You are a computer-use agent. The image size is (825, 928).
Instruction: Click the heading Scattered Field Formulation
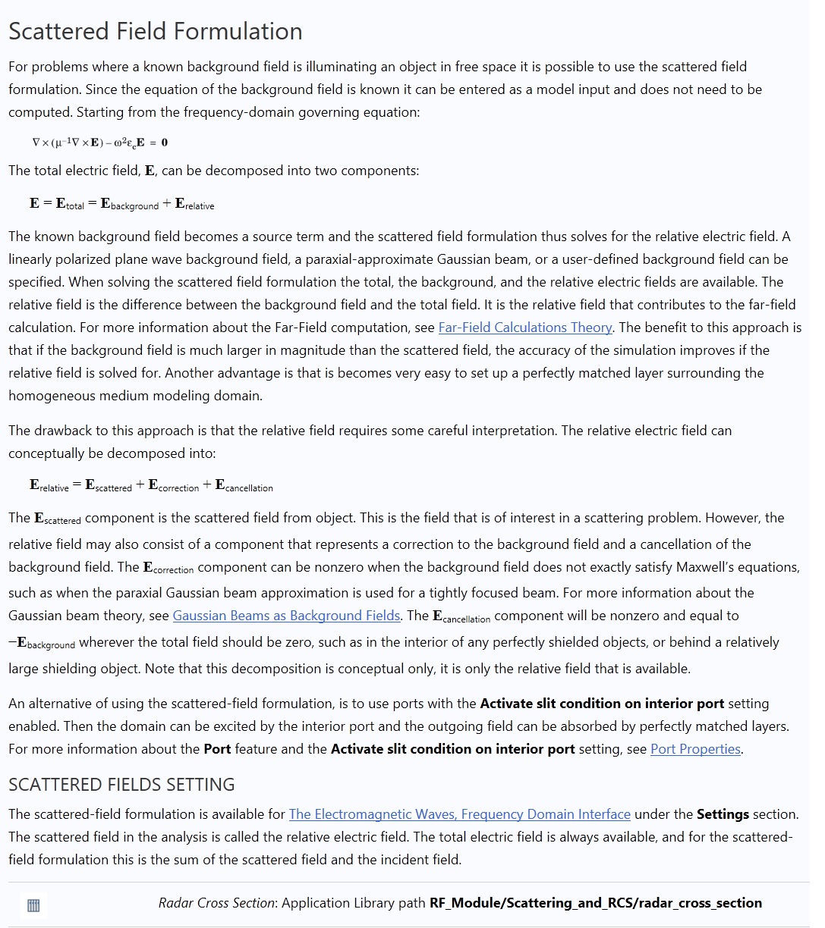(x=155, y=31)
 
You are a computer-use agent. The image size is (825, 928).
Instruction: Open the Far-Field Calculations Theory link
(x=525, y=328)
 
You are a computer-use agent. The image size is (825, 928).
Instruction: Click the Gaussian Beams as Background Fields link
(x=286, y=616)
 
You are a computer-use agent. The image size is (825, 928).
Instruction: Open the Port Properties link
(x=695, y=749)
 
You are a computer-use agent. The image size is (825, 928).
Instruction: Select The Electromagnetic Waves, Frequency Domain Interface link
(x=459, y=814)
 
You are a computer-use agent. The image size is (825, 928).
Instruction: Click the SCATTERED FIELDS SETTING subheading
(x=121, y=784)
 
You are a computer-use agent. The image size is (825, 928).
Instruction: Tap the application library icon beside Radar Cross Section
(x=33, y=905)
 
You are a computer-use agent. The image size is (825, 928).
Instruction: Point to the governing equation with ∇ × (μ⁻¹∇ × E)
(x=99, y=143)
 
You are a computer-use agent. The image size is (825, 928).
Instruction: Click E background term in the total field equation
(x=129, y=204)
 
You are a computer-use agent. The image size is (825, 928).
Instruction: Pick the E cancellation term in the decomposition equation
(x=244, y=485)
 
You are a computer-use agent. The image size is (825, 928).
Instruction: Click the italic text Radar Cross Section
(x=216, y=903)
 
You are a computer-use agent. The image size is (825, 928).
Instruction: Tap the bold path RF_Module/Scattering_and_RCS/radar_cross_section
(x=595, y=903)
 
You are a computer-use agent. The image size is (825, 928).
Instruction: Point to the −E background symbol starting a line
(x=42, y=643)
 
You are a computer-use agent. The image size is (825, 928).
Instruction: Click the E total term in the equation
(x=70, y=204)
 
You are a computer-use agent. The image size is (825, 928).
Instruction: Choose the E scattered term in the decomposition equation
(x=108, y=485)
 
